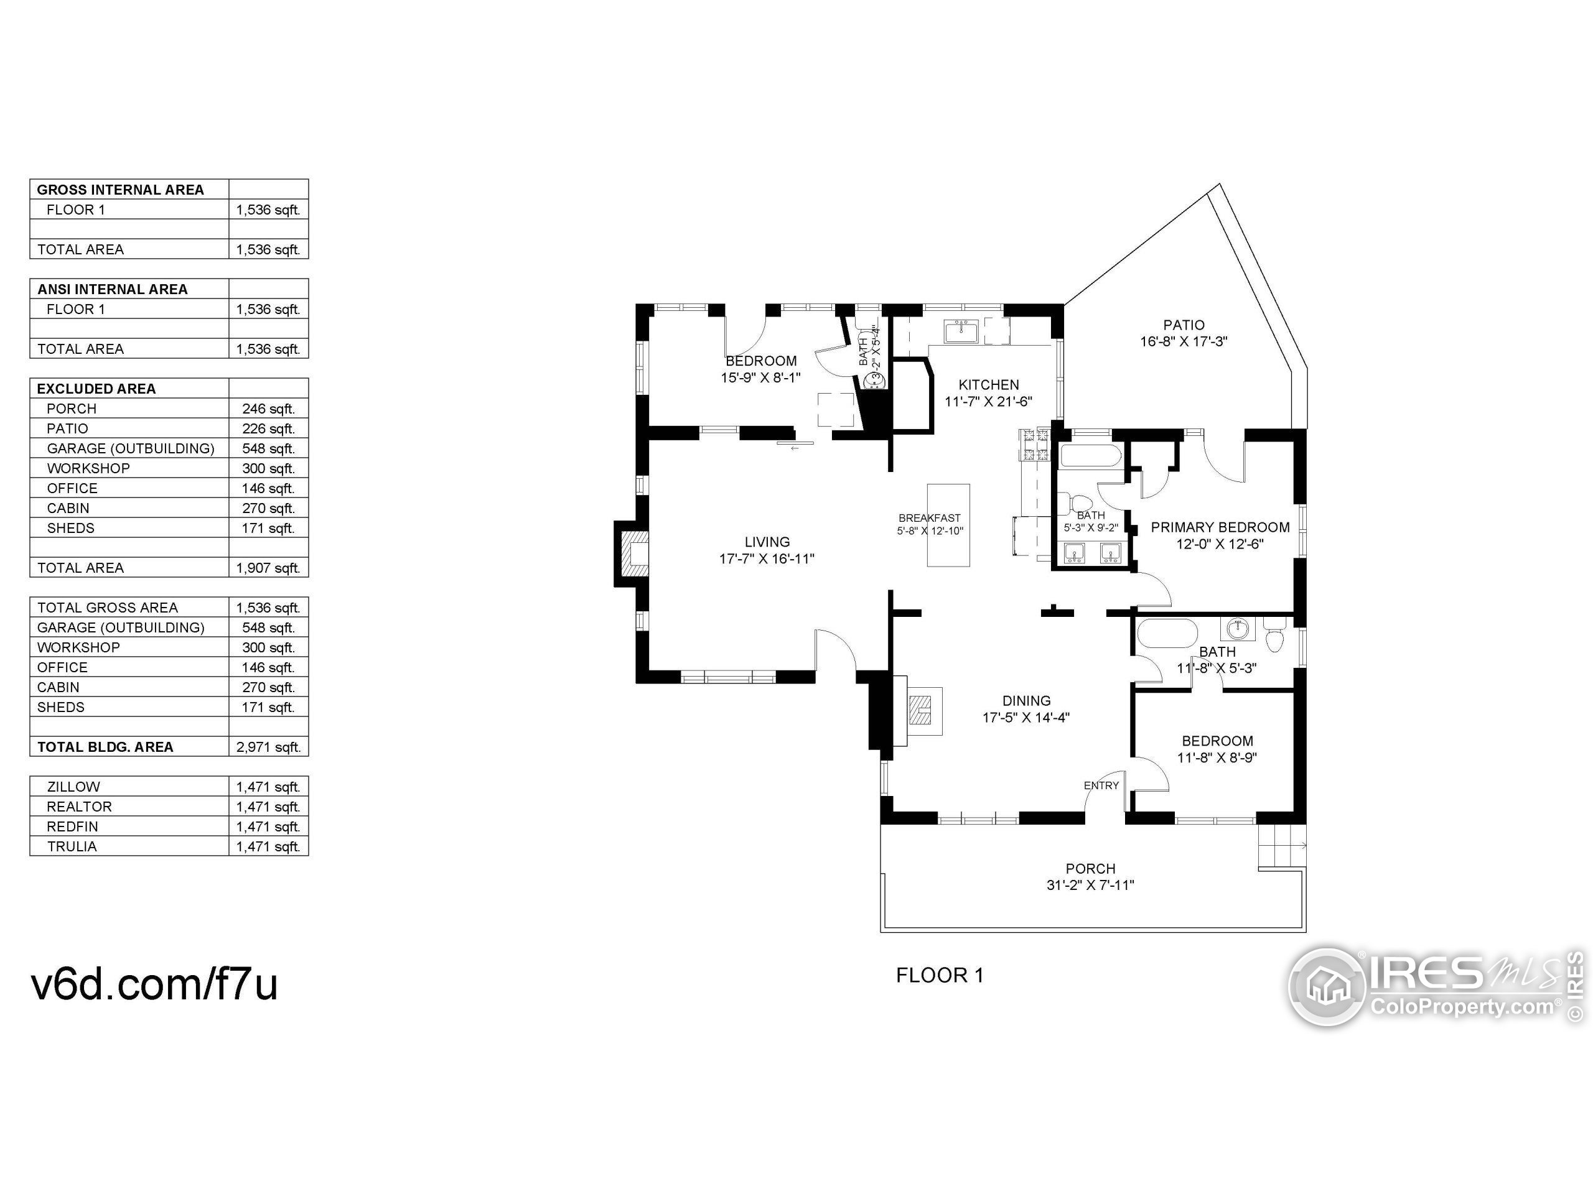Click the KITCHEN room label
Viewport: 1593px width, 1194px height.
click(x=988, y=385)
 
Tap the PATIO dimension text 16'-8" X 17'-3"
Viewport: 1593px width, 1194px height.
click(x=1183, y=341)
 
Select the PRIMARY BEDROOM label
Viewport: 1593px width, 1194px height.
click(x=1220, y=527)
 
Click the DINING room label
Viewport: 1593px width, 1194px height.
click(x=1026, y=701)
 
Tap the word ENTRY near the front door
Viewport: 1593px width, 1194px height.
click(x=1101, y=785)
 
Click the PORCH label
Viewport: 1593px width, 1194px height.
click(x=1090, y=869)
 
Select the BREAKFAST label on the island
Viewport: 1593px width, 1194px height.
click(x=929, y=518)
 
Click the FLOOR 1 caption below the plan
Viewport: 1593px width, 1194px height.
click(x=940, y=975)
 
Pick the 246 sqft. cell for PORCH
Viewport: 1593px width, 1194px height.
click(x=269, y=409)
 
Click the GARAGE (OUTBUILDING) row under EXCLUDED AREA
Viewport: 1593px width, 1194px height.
click(x=130, y=448)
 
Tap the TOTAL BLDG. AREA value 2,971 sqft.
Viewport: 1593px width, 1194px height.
click(x=269, y=747)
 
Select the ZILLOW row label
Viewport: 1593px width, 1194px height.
click(x=73, y=787)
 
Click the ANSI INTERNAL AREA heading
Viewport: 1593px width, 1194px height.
click(x=113, y=289)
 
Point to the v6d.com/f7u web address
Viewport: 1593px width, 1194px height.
click(x=154, y=984)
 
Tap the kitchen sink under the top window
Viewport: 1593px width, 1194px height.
click(x=961, y=333)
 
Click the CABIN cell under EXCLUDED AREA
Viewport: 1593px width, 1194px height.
click(x=68, y=508)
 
